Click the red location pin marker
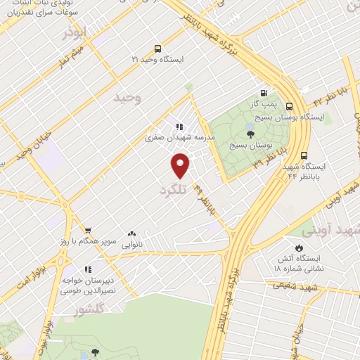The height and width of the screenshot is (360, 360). tap(181, 166)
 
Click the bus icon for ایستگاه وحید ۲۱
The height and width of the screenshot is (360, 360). tap(157, 49)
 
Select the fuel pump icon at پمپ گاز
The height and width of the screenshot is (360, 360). tap(264, 92)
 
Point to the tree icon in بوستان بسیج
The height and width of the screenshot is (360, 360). tap(251, 132)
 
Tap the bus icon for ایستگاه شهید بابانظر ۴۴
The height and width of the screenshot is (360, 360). tap(304, 155)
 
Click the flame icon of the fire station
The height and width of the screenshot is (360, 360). tap(300, 247)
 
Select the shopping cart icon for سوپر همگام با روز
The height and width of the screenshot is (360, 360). tap(88, 230)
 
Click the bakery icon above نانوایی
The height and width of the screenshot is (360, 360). tap(131, 234)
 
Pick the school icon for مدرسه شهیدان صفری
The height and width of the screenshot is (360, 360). tap(179, 127)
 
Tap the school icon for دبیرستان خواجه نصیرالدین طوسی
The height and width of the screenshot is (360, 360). tap(88, 269)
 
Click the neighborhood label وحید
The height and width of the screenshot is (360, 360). tap(127, 98)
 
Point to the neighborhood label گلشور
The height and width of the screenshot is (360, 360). tap(90, 309)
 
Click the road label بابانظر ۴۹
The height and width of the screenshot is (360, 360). tap(205, 200)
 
